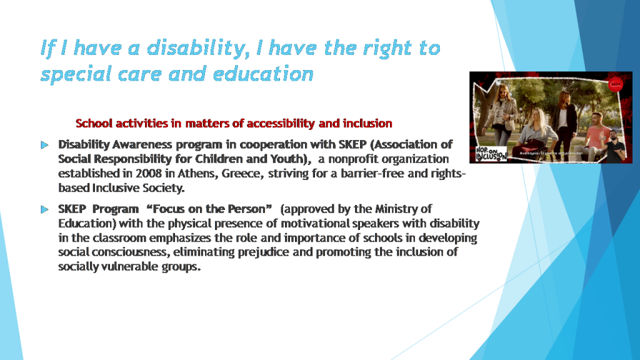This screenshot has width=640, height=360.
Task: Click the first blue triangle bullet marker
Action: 44,145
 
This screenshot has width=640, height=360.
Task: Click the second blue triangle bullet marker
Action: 44,209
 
